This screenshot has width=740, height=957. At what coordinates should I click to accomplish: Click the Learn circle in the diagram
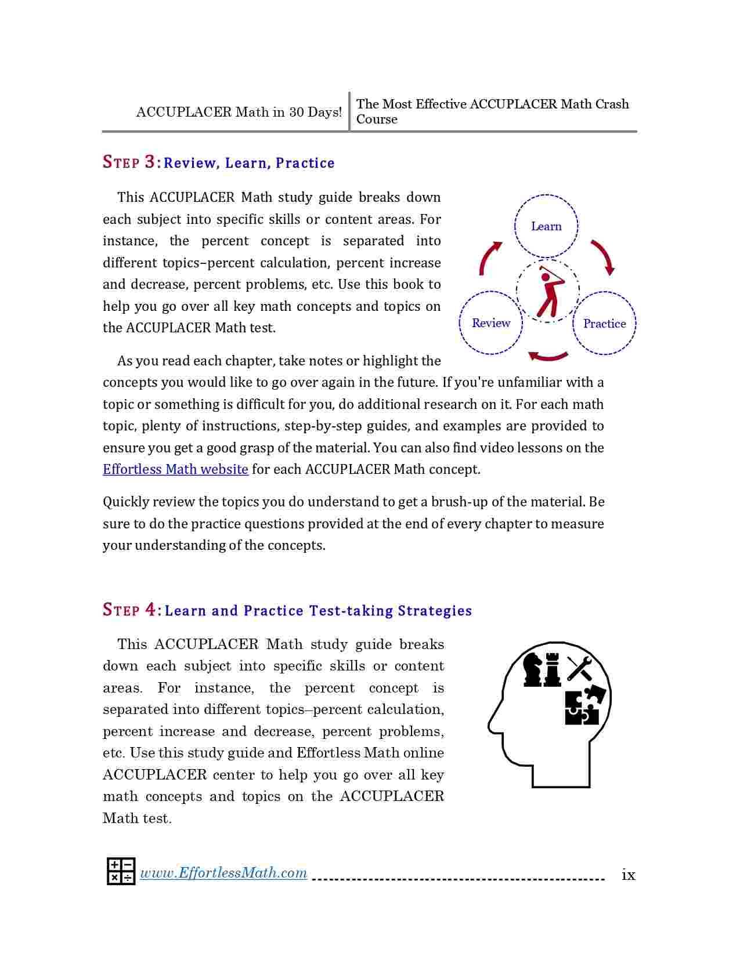(546, 226)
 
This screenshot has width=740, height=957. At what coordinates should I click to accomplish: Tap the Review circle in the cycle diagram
(490, 323)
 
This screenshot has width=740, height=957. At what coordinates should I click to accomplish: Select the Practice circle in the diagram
(604, 324)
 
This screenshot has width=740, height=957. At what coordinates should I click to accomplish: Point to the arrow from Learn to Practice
(603, 257)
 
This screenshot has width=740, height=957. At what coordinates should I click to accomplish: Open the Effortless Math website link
(175, 469)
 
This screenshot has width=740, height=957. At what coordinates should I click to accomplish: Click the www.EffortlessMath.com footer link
(223, 873)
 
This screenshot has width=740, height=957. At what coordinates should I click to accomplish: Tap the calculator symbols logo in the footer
(121, 871)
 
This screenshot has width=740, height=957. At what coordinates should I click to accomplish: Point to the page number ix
(629, 875)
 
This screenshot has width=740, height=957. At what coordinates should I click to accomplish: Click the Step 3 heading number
(150, 162)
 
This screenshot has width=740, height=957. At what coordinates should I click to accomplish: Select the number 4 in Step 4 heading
(150, 610)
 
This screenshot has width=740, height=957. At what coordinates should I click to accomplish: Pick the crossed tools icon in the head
(579, 668)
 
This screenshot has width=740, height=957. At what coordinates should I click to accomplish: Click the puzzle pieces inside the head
(584, 705)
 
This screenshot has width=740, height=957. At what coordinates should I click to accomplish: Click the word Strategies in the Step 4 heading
(435, 611)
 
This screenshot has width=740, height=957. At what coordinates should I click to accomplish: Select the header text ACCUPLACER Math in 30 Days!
(239, 112)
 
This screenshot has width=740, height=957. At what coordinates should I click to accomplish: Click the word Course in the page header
(377, 119)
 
